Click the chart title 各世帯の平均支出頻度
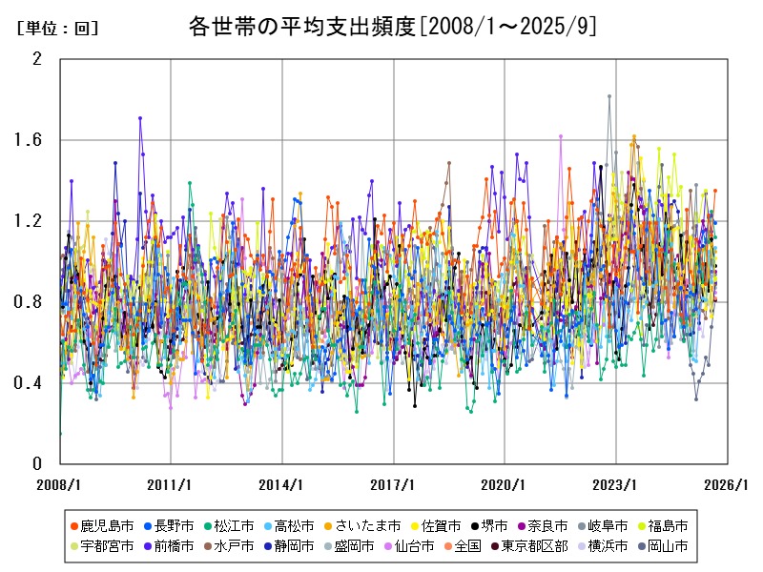(x=393, y=27)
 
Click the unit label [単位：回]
(x=57, y=29)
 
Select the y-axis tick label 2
(x=38, y=59)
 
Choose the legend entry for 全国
(x=462, y=546)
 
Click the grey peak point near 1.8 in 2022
(x=608, y=96)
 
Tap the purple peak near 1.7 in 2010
(x=140, y=118)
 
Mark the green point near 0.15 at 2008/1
(x=60, y=434)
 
